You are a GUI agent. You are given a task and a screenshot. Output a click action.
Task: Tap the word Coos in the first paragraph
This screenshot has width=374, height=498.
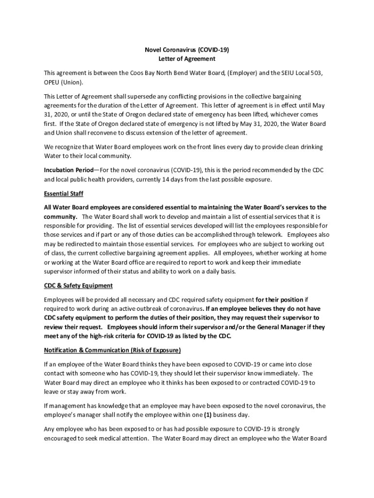137,73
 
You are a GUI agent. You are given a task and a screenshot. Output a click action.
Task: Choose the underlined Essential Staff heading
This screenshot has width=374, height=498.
64,194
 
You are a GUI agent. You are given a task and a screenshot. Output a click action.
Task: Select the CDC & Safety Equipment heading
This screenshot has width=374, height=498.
78,285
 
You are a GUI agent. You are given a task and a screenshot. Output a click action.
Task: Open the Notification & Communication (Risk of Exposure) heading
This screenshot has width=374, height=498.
112,350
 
